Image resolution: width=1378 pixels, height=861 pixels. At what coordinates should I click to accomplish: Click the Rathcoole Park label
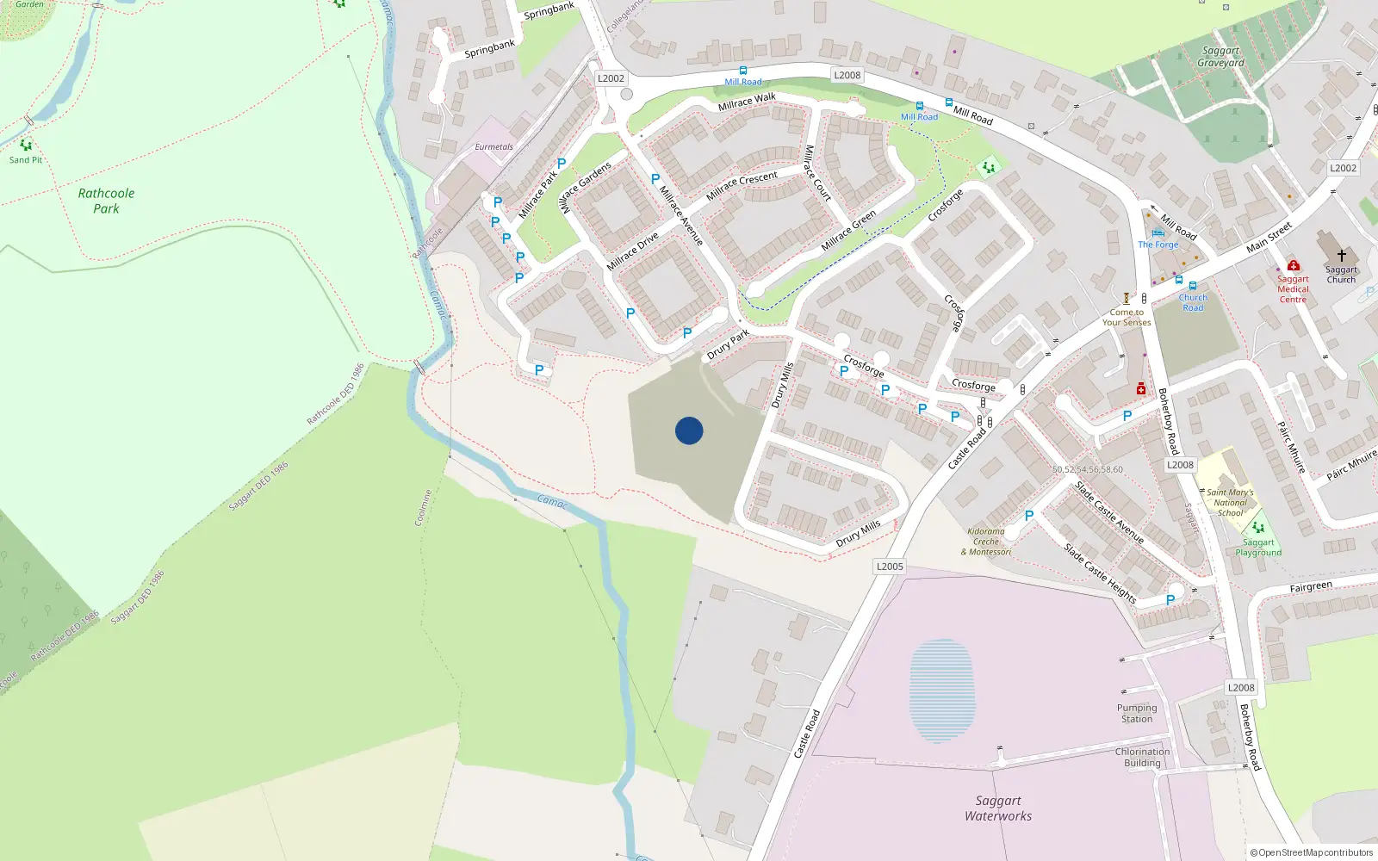tap(106, 201)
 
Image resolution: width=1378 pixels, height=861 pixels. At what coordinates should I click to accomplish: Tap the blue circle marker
tap(689, 430)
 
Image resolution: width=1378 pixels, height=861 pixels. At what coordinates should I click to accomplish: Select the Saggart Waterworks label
tap(998, 808)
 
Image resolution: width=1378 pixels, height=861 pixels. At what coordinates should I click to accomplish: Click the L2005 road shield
tap(890, 567)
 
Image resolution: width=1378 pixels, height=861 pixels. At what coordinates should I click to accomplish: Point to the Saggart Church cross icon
tap(1341, 256)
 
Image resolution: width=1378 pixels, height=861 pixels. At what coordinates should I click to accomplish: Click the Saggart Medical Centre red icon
tap(1293, 266)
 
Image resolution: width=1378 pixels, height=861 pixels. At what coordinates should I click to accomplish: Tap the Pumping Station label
tap(1137, 713)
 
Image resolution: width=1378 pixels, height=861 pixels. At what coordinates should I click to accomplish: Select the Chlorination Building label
tap(1142, 757)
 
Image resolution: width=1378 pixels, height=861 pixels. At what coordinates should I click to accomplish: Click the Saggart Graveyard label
tap(1220, 57)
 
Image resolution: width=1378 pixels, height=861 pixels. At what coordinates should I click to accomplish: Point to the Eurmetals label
tap(493, 147)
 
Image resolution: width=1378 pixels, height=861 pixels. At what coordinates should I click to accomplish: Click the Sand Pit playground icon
tap(26, 146)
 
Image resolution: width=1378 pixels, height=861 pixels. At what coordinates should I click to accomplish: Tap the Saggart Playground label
tap(1258, 548)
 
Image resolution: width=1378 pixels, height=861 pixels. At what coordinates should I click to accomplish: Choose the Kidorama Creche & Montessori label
tap(987, 542)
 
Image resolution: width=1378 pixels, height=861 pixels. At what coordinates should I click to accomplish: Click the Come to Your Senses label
tap(1127, 318)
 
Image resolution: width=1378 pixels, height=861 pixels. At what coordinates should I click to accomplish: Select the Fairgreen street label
tap(1310, 587)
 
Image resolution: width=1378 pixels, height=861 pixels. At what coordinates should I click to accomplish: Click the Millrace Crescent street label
tap(742, 185)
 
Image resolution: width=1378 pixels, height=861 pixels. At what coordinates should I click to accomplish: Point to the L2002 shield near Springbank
tap(611, 78)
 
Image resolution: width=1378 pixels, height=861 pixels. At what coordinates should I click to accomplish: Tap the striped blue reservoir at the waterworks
tap(942, 691)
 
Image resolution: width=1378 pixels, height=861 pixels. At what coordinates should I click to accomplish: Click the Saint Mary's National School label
tap(1230, 503)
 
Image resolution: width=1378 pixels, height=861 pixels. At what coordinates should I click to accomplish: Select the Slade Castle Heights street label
tap(1100, 573)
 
